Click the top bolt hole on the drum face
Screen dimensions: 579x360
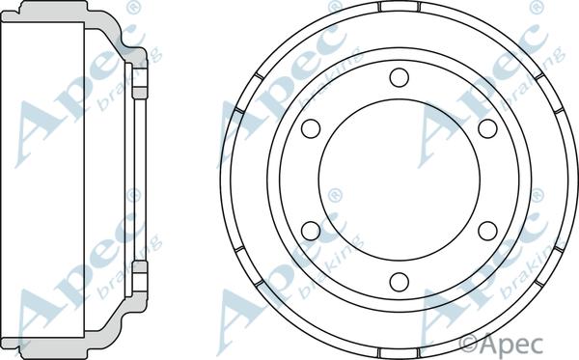click(400, 77)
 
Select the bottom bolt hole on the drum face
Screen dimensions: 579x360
click(400, 282)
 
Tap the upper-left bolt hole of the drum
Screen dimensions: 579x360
click(311, 128)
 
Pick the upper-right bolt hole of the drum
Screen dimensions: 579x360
click(487, 128)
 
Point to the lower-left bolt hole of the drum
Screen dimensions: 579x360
click(311, 231)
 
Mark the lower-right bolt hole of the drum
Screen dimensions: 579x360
click(487, 231)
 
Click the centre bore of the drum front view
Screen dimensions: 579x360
click(400, 180)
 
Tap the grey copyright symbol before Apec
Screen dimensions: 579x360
click(469, 345)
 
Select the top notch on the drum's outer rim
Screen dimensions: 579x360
click(400, 7)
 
